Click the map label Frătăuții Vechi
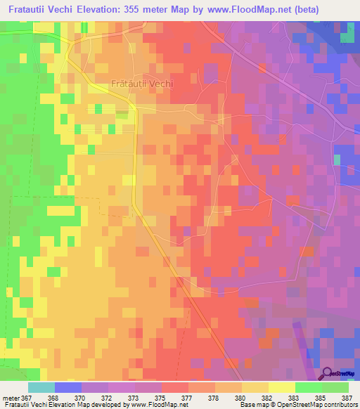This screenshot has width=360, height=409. [x=142, y=83]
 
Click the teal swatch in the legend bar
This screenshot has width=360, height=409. [x=41, y=387]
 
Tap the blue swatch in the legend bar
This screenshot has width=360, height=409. [x=68, y=387]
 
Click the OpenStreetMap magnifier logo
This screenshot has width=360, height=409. [x=327, y=373]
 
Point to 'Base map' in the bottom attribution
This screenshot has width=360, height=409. [x=252, y=405]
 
